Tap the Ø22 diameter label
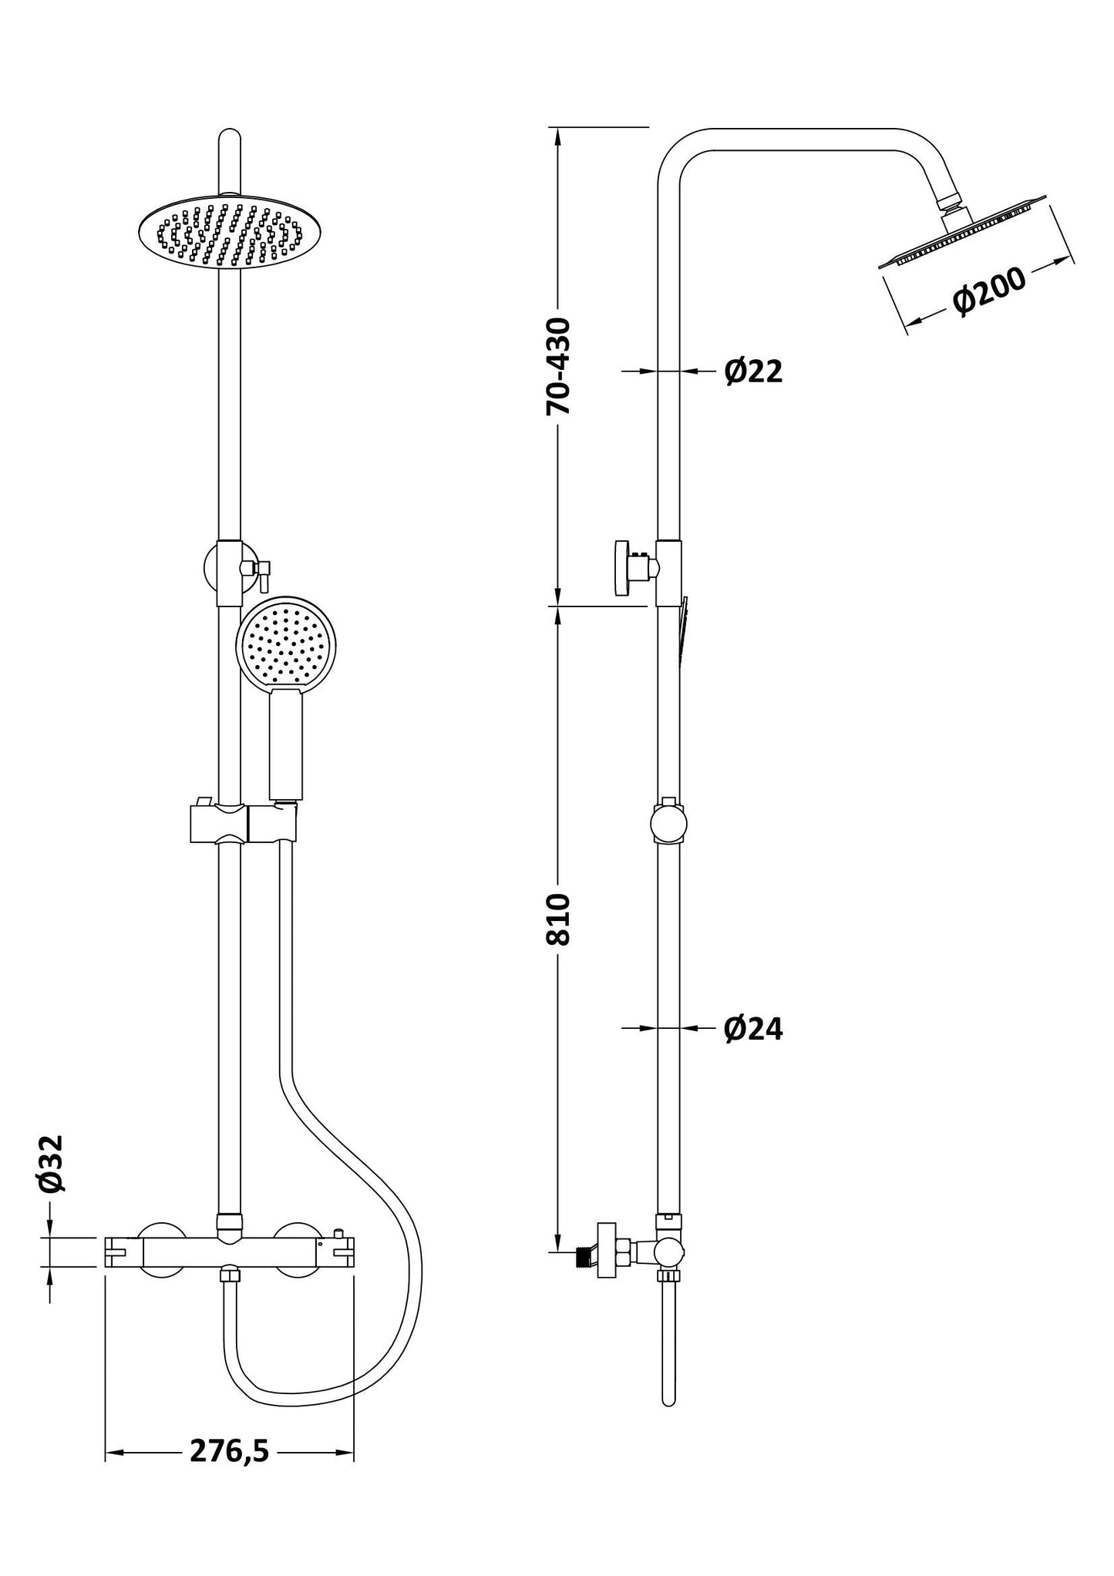[753, 371]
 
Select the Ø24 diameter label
[753, 1028]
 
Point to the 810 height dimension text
[559, 919]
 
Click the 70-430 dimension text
[559, 366]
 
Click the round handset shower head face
[287, 639]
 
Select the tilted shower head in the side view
[964, 235]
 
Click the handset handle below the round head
[286, 744]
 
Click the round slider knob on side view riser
[668, 823]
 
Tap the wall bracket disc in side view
[620, 569]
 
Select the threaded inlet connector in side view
[588, 1258]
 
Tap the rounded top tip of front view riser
[230, 139]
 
